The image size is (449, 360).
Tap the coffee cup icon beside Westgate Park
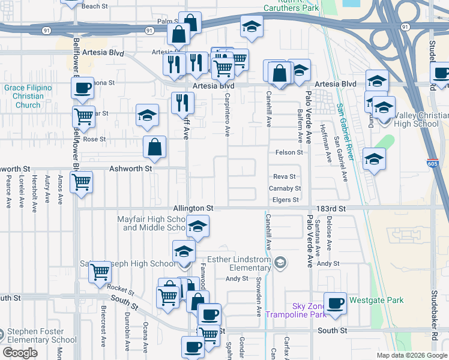(x=335, y=302)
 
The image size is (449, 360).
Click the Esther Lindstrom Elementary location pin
(x=280, y=262)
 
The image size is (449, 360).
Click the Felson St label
(x=289, y=152)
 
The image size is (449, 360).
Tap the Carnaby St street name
(x=285, y=188)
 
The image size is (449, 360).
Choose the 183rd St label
(x=334, y=208)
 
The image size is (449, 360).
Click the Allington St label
(x=194, y=208)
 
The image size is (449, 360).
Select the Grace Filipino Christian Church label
(x=28, y=96)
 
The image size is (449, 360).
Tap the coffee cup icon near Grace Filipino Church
(x=82, y=88)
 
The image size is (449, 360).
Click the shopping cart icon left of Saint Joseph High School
(x=100, y=272)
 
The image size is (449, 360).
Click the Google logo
(x=20, y=353)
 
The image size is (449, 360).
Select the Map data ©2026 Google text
(x=412, y=355)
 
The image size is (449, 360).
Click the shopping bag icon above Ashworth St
(x=154, y=146)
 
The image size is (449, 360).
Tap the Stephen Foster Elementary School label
(x=41, y=335)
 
